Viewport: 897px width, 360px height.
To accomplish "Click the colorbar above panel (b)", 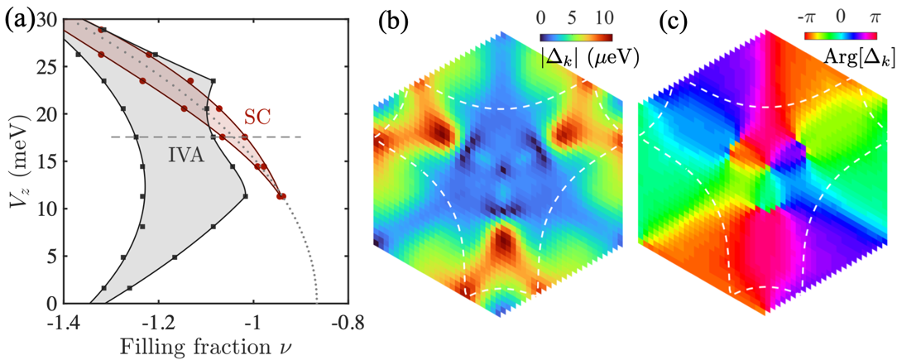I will pos(577,37).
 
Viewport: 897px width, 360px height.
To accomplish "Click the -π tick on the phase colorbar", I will pos(811,17).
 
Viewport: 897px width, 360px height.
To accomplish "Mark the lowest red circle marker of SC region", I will pos(281,196).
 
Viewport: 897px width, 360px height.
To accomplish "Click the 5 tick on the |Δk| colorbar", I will pos(575,17).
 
